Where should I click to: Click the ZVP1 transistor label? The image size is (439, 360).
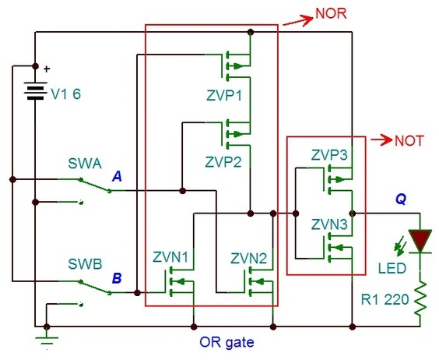pos(223,96)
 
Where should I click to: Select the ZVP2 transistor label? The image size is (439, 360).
pos(223,162)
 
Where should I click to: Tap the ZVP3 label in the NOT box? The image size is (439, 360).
pos(329,155)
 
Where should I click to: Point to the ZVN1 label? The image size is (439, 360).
pos(170,257)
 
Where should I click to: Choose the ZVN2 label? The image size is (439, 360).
pos(248,258)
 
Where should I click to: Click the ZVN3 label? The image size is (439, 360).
pos(329,224)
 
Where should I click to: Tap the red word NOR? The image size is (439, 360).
pos(331,13)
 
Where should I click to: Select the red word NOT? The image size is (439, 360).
pos(409,140)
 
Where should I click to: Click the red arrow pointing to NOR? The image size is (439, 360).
pos(298,21)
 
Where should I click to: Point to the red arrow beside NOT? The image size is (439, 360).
pos(381,139)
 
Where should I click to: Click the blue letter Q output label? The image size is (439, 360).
pos(401,199)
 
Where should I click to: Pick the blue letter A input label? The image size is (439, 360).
pos(117,176)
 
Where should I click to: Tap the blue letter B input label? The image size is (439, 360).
pos(117,278)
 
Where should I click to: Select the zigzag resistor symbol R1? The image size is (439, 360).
pos(420,298)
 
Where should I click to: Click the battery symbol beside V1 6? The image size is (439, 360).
pos(35,91)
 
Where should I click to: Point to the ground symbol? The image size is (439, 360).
pos(47,341)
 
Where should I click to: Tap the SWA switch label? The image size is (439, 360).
pos(85,164)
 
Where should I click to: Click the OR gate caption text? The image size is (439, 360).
pos(227,342)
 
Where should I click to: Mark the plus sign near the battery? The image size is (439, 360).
pos(47,69)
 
